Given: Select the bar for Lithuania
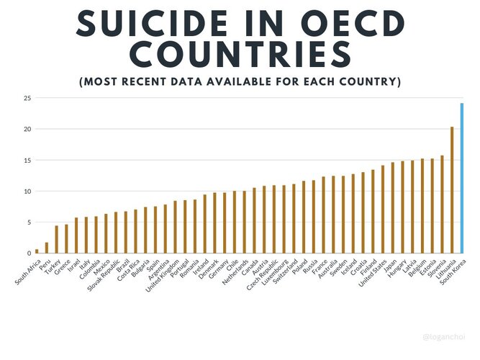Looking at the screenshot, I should [452, 190].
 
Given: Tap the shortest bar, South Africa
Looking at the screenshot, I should [37, 251].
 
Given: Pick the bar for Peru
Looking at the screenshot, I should [47, 248].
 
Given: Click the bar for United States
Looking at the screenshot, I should [383, 210].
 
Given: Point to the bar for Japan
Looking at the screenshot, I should [393, 208].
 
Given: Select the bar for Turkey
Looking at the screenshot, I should [57, 240].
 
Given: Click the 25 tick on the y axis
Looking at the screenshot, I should [27, 98].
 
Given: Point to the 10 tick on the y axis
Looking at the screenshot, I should [27, 192].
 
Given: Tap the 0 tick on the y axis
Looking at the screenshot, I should [29, 253].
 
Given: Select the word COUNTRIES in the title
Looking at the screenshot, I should [240, 55].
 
